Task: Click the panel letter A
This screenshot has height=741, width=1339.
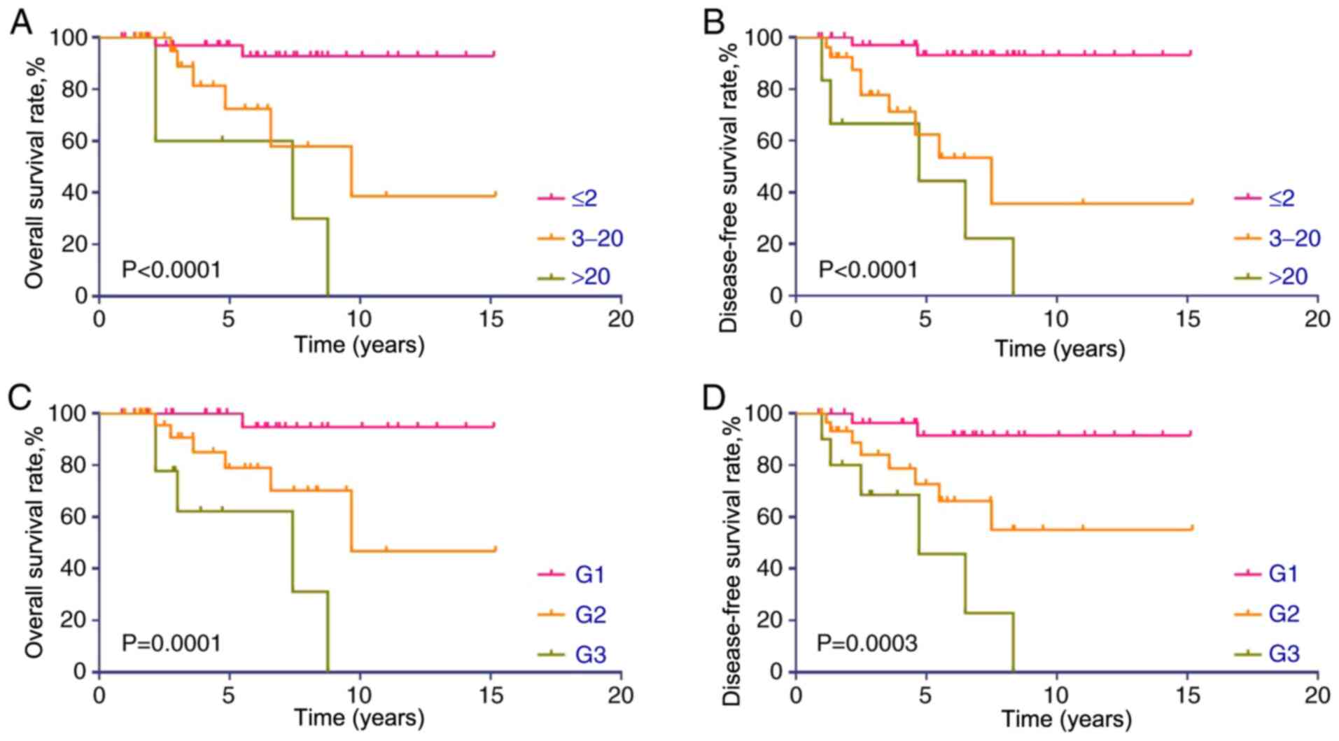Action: tap(20, 22)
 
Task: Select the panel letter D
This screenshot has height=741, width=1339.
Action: tap(715, 398)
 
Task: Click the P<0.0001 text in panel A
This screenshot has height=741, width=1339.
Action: tap(171, 269)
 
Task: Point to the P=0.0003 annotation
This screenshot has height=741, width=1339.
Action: tap(867, 643)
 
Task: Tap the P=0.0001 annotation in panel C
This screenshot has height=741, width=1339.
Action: tap(171, 643)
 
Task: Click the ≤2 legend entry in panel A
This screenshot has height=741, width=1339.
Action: tap(584, 198)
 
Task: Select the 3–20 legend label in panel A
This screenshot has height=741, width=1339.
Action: tap(596, 239)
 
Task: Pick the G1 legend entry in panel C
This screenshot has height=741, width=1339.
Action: tap(590, 574)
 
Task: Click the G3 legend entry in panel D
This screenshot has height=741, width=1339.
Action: tap(1284, 654)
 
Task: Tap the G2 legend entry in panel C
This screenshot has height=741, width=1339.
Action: tap(590, 614)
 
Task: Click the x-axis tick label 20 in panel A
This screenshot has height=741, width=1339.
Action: tap(620, 319)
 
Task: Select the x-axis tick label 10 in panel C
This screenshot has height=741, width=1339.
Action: tap(360, 695)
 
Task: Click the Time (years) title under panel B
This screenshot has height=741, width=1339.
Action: tap(1060, 348)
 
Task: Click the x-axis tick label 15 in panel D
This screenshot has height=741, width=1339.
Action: tap(1186, 695)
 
